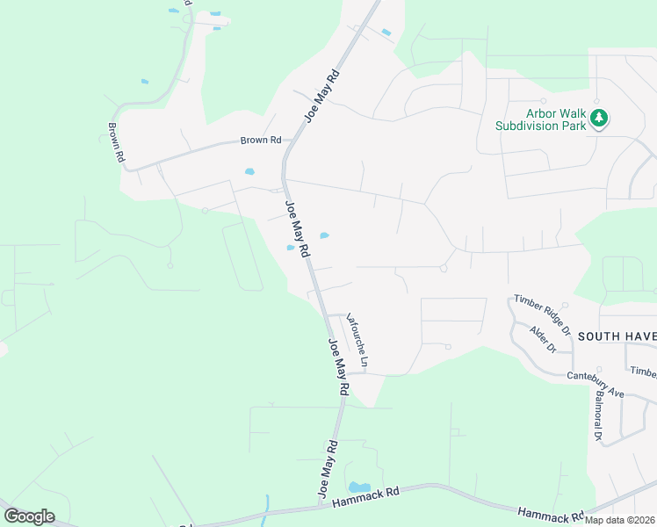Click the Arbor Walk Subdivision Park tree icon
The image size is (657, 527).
click(599, 117)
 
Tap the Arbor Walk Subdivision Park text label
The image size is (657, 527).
click(540, 119)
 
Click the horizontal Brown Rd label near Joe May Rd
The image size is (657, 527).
click(261, 141)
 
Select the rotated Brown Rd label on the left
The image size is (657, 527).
click(115, 142)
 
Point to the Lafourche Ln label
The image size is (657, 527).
click(357, 340)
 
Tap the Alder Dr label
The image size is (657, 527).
click(544, 339)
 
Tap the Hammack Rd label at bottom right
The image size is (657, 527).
click(551, 515)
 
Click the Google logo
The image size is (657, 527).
click(29, 516)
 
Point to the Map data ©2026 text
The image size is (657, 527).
click(619, 520)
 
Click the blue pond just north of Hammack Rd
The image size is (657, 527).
click(359, 487)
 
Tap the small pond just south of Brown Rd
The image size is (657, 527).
click(249, 171)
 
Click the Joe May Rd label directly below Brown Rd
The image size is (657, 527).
click(298, 229)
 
